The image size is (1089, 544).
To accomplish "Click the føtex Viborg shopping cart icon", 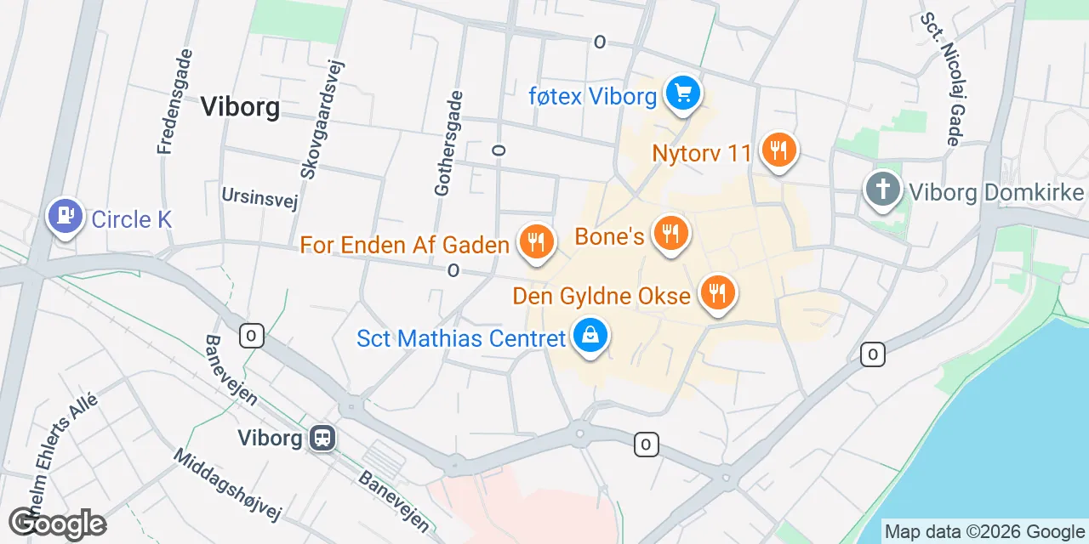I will (682, 93).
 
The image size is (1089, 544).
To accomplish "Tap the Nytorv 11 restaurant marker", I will (778, 150).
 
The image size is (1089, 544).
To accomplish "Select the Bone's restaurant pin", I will (670, 232).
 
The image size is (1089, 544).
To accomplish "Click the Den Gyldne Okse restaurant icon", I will (718, 292).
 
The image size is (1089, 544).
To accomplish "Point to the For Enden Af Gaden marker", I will (536, 243).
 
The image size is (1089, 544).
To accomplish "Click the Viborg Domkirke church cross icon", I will (883, 188).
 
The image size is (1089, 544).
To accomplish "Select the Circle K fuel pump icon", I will (64, 216).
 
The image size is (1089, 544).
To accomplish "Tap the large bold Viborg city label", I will (240, 107).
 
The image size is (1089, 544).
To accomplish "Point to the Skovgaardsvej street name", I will (321, 119).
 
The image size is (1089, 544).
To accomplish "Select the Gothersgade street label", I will (450, 144).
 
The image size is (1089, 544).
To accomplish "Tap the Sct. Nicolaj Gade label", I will (946, 78).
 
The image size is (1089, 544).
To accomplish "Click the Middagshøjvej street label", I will (226, 484).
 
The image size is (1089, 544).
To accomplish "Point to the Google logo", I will (58, 524).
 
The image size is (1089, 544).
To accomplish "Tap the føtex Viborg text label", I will (592, 96).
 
